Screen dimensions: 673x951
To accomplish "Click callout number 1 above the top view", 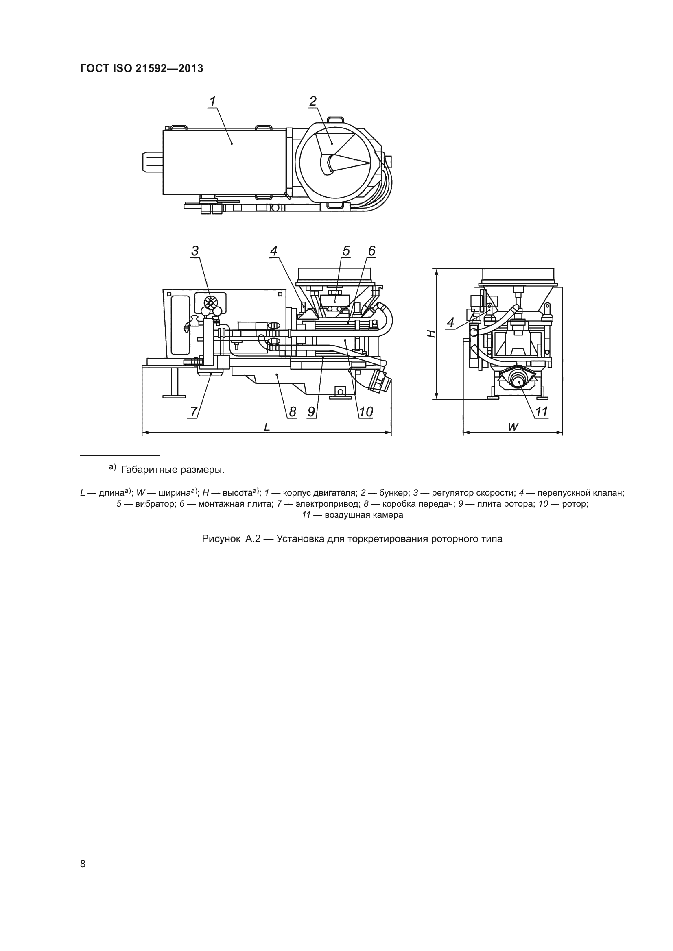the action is pos(212,101).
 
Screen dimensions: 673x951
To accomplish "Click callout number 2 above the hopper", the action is pos(313,101).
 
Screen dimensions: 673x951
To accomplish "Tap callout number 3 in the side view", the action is pos(195,251).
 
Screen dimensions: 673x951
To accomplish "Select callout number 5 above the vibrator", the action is pos(345,251).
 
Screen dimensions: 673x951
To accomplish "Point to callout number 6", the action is pos(371,251).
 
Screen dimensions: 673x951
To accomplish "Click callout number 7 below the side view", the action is pos(194,412).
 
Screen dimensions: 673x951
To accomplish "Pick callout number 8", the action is pos(293,412).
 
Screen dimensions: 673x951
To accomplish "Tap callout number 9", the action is pos(312,412).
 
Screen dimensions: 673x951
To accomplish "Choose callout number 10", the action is pos(366,412).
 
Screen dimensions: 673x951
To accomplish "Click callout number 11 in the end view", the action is pos(542,412).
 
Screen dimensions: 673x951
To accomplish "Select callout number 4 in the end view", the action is pos(450,322).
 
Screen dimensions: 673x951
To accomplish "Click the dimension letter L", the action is pos(267,427).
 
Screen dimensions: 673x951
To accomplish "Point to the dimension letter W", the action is pos(513,427).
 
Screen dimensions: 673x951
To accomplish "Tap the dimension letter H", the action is pos(431,333).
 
